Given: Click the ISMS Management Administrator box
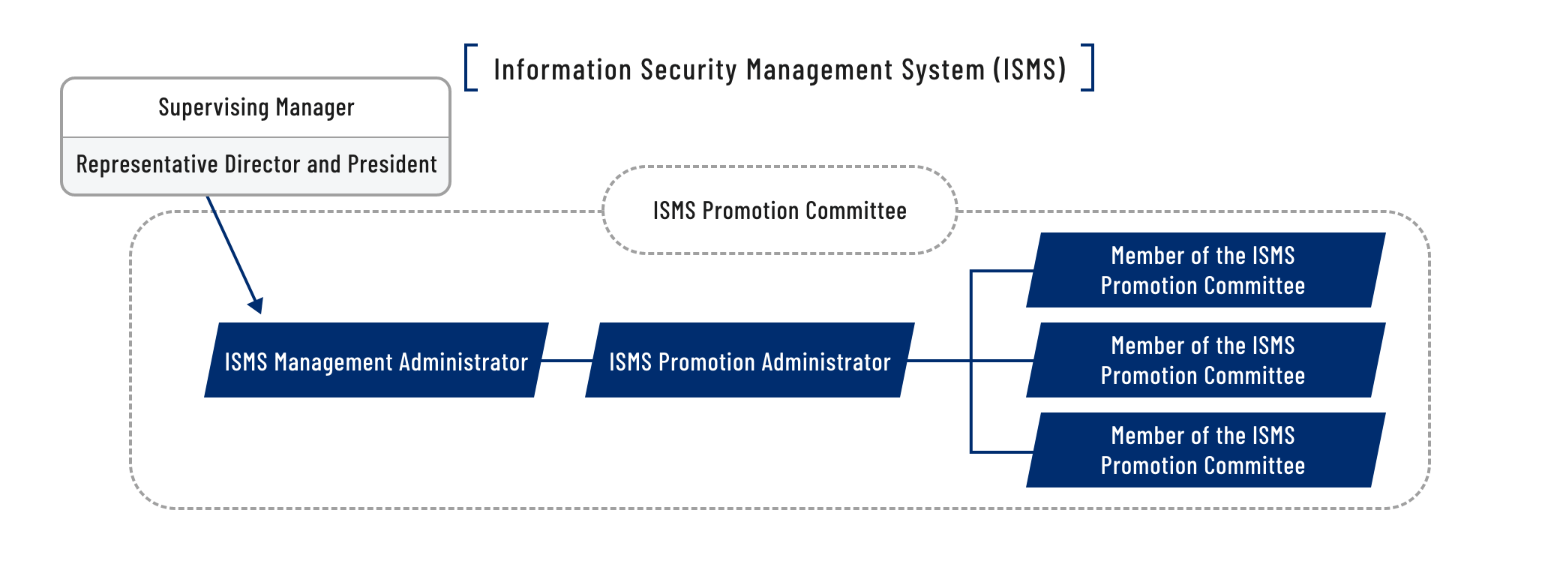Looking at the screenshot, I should [376, 361].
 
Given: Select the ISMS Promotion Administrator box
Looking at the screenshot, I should [750, 361].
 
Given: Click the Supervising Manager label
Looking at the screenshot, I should [256, 108].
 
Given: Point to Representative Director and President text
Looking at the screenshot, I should [256, 164].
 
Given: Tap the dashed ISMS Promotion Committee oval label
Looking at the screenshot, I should [779, 211].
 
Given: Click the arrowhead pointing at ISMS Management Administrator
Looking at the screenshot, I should [256, 305].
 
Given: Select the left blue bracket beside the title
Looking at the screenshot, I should [470, 67].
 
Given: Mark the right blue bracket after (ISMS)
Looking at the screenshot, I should [1088, 67].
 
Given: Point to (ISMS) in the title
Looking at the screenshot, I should [1029, 70].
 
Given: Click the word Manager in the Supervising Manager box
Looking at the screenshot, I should [315, 108].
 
